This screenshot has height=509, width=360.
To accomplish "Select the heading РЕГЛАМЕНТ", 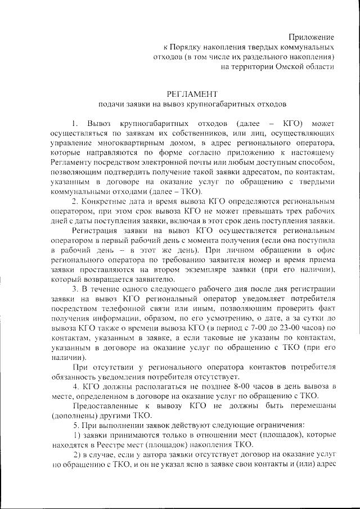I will (x=191, y=93).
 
